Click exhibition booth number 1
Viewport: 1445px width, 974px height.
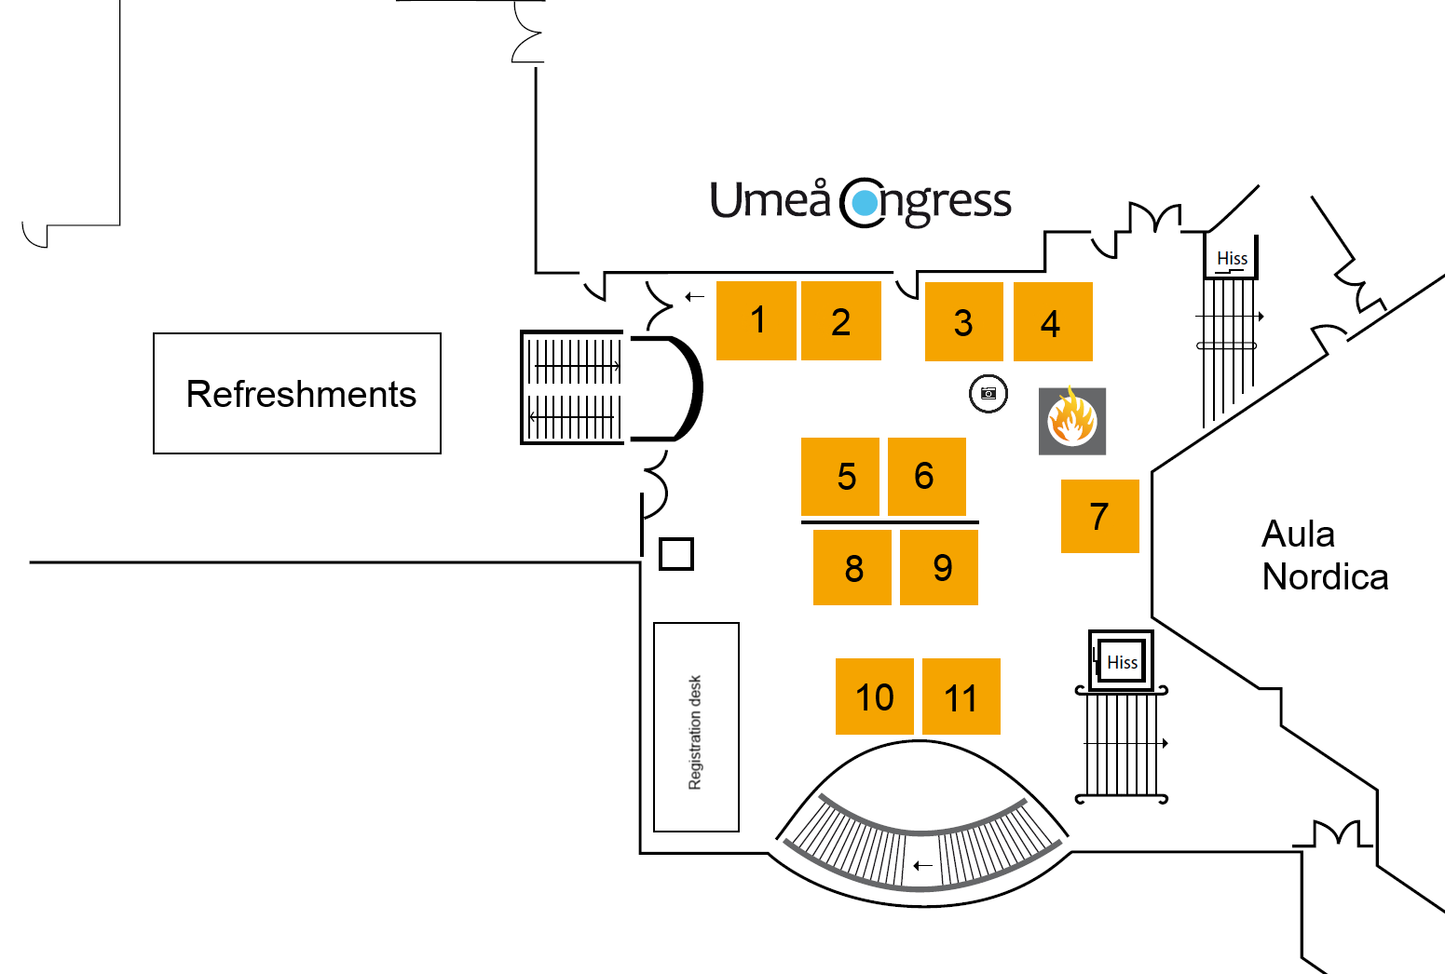757,320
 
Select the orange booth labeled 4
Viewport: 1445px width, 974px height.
1053,322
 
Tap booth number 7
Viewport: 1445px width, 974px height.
1099,516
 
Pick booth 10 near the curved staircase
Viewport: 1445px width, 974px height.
874,697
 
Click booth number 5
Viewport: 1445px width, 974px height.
840,477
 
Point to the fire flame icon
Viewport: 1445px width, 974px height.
1072,421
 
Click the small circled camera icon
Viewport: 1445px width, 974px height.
988,394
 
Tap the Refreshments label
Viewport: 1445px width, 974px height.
300,394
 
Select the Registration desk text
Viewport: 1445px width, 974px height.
695,732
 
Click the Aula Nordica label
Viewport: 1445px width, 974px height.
1323,556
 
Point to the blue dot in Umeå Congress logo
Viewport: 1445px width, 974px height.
866,202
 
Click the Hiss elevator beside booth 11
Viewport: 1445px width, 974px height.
1122,661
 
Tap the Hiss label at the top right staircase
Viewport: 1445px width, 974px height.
1232,258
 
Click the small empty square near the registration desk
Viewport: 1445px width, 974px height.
676,554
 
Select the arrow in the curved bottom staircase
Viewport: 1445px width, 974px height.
922,865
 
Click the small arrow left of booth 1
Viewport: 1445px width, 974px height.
694,297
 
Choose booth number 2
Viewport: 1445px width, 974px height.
841,321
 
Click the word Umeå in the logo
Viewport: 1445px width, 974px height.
770,200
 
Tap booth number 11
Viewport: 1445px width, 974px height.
961,697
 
